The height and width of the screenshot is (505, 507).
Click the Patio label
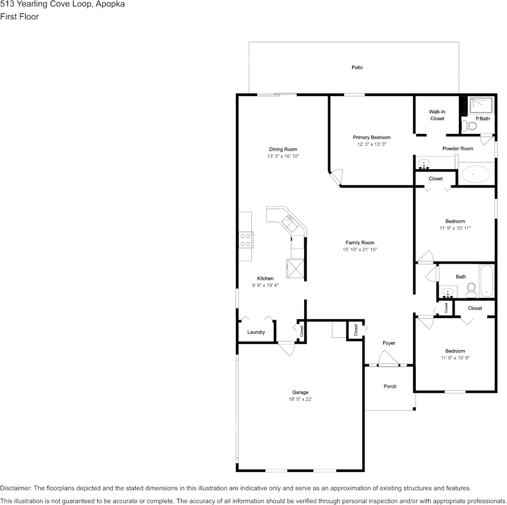pyautogui.click(x=357, y=67)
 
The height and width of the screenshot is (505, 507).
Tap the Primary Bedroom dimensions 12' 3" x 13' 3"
pyautogui.click(x=371, y=144)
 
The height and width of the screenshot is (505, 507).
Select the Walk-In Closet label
pyautogui.click(x=437, y=115)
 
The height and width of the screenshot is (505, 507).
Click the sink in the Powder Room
pyautogui.click(x=424, y=164)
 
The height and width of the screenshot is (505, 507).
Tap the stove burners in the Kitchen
pyautogui.click(x=245, y=240)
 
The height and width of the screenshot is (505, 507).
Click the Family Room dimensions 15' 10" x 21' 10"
pyautogui.click(x=360, y=249)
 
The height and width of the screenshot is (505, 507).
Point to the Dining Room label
pyautogui.click(x=283, y=149)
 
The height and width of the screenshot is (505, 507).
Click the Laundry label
pyautogui.click(x=256, y=332)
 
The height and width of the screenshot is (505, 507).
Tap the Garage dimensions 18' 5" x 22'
pyautogui.click(x=300, y=399)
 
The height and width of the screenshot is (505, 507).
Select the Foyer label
pyautogui.click(x=389, y=343)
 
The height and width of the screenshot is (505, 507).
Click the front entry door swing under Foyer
pyautogui.click(x=389, y=358)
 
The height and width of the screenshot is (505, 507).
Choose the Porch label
pyautogui.click(x=390, y=386)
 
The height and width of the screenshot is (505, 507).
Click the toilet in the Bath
pyautogui.click(x=471, y=290)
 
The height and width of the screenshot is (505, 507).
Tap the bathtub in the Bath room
pyautogui.click(x=486, y=281)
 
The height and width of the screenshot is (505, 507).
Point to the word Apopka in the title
pyautogui.click(x=110, y=4)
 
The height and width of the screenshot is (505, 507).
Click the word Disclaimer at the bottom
pyautogui.click(x=15, y=488)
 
